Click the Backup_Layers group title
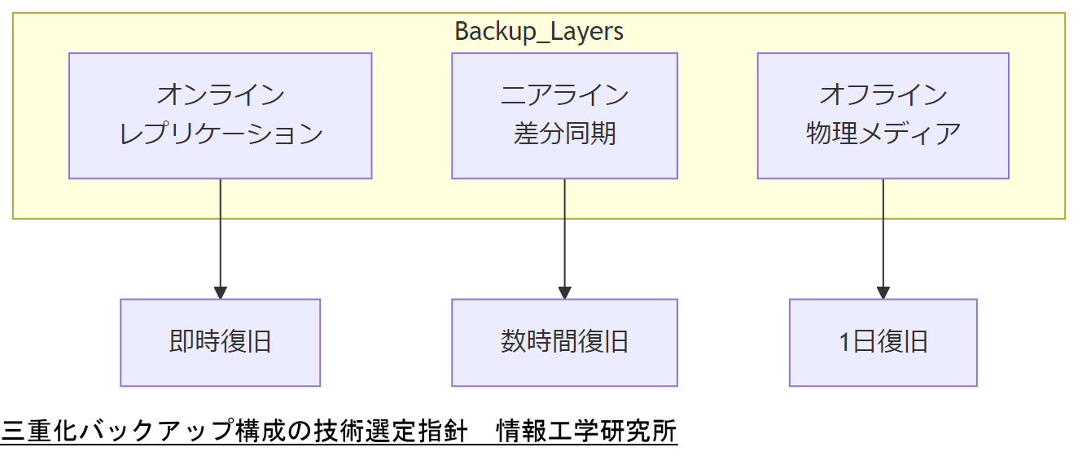pos(539,32)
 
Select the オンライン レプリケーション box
pos(220,116)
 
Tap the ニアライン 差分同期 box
pos(564,116)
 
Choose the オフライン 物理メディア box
pos(883,116)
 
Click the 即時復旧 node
pos(220,342)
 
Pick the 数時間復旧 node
pos(564,342)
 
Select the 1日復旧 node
pos(883,342)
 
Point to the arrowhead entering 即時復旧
pos(220,293)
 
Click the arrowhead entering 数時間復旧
pos(564,293)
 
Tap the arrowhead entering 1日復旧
pos(883,293)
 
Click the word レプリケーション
pos(221,134)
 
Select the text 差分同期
pos(564,134)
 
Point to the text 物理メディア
pos(883,134)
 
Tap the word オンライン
pos(221,95)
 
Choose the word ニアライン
pos(564,95)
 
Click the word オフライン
pos(883,95)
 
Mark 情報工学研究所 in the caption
pos(587,431)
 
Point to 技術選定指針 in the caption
pos(391,431)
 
